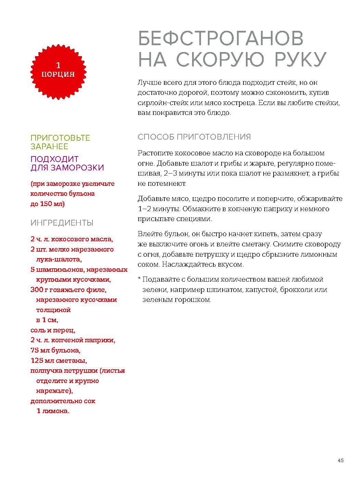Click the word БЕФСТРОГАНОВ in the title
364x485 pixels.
click(221, 39)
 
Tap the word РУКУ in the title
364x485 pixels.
click(300, 59)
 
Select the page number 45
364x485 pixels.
click(340, 460)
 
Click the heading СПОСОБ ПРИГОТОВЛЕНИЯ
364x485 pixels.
click(194, 137)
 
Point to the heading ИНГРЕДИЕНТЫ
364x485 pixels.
click(62, 223)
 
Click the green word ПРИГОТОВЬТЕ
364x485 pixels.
click(60, 138)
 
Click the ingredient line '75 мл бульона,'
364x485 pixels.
click(55, 350)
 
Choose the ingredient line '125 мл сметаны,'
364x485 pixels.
click(59, 361)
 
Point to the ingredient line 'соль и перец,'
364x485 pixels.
click(53, 330)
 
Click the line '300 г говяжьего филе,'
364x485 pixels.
click(68, 290)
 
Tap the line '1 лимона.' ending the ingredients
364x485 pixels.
click(53, 411)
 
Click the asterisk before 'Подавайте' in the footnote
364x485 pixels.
click(139, 279)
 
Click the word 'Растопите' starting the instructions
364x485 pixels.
click(154, 153)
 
